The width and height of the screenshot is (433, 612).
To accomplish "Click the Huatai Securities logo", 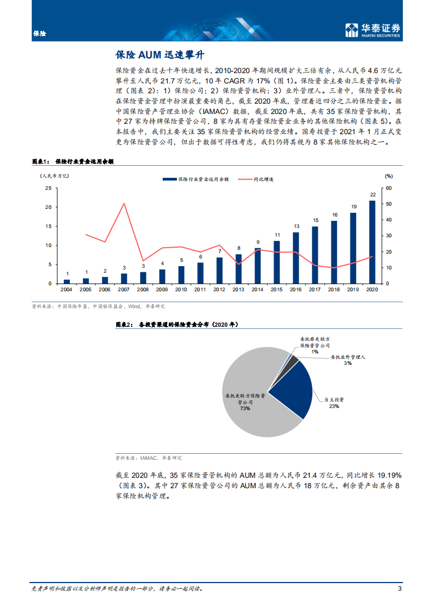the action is point(373,31).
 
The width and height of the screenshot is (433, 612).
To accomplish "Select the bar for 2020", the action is point(372,242).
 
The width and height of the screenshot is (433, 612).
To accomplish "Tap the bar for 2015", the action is point(277,262).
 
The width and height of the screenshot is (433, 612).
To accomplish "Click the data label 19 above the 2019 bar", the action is point(353,207).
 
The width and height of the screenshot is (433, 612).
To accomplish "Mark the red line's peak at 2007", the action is point(124,203).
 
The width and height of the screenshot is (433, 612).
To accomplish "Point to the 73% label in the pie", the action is point(244,407).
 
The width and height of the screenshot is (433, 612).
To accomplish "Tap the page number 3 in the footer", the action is point(400,588).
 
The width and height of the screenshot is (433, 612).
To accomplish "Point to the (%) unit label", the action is point(388,176).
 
